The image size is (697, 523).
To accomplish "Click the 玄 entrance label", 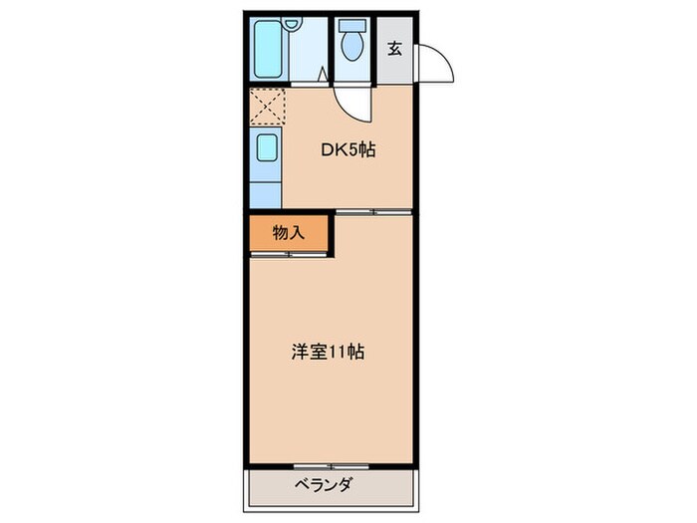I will (x=394, y=49).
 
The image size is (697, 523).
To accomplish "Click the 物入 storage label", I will (x=288, y=233).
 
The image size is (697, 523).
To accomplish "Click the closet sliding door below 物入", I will (x=289, y=254).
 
